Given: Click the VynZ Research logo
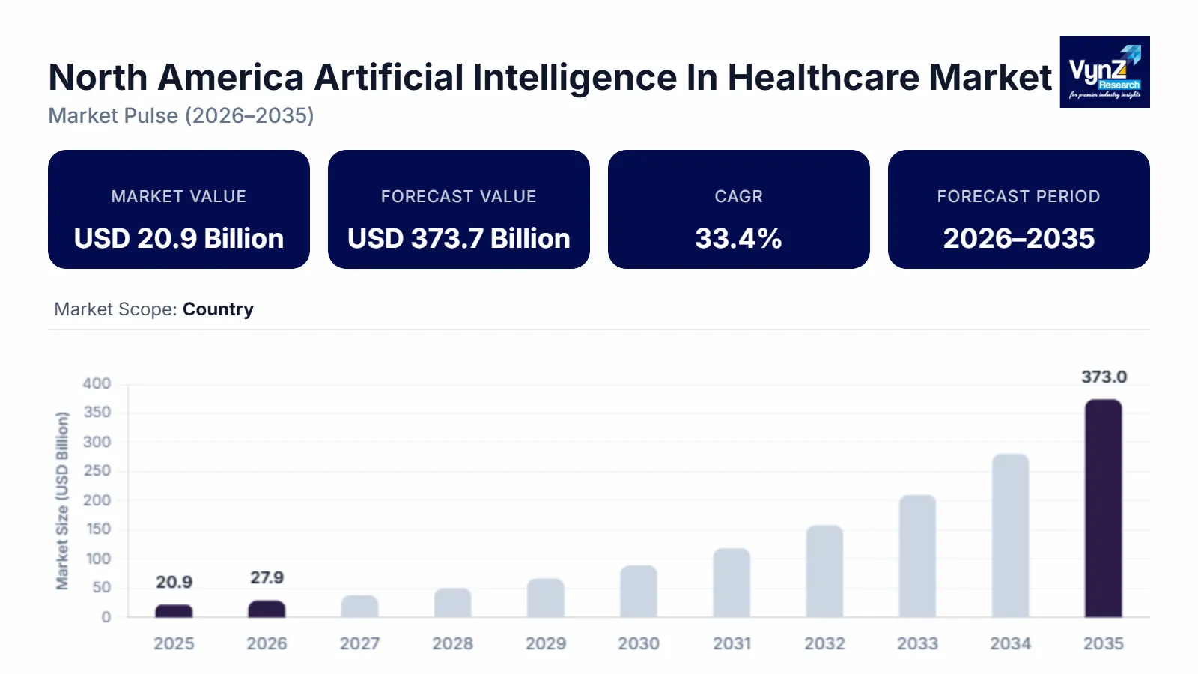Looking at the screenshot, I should pyautogui.click(x=1104, y=72).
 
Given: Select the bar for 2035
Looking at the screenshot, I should pyautogui.click(x=1103, y=508).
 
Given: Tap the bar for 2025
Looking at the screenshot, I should pyautogui.click(x=174, y=611).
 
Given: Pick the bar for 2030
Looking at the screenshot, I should pyautogui.click(x=639, y=592).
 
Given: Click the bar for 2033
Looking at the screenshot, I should pyautogui.click(x=917, y=556).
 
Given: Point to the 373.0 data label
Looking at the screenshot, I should pyautogui.click(x=1104, y=377).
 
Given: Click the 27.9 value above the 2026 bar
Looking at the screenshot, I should pyautogui.click(x=267, y=577).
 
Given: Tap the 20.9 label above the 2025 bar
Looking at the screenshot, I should pyautogui.click(x=174, y=582).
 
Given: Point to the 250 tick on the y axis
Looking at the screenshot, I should pyautogui.click(x=97, y=470).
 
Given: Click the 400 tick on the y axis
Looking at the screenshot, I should pyautogui.click(x=97, y=383).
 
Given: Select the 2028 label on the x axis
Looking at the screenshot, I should pyautogui.click(x=452, y=643).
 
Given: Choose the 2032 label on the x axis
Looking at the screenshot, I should pyautogui.click(x=824, y=643).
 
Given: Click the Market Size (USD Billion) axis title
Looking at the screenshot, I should pyautogui.click(x=62, y=500).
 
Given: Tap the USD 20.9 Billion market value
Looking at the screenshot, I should pyautogui.click(x=179, y=238).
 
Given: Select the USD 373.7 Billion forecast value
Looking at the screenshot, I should pyautogui.click(x=458, y=238).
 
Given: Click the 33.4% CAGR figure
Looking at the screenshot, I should pyautogui.click(x=738, y=238).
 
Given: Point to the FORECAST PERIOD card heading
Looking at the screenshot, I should pyautogui.click(x=1018, y=196).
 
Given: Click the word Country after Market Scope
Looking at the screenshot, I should pyautogui.click(x=218, y=309).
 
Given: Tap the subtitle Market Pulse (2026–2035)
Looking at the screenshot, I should pyautogui.click(x=181, y=115).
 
